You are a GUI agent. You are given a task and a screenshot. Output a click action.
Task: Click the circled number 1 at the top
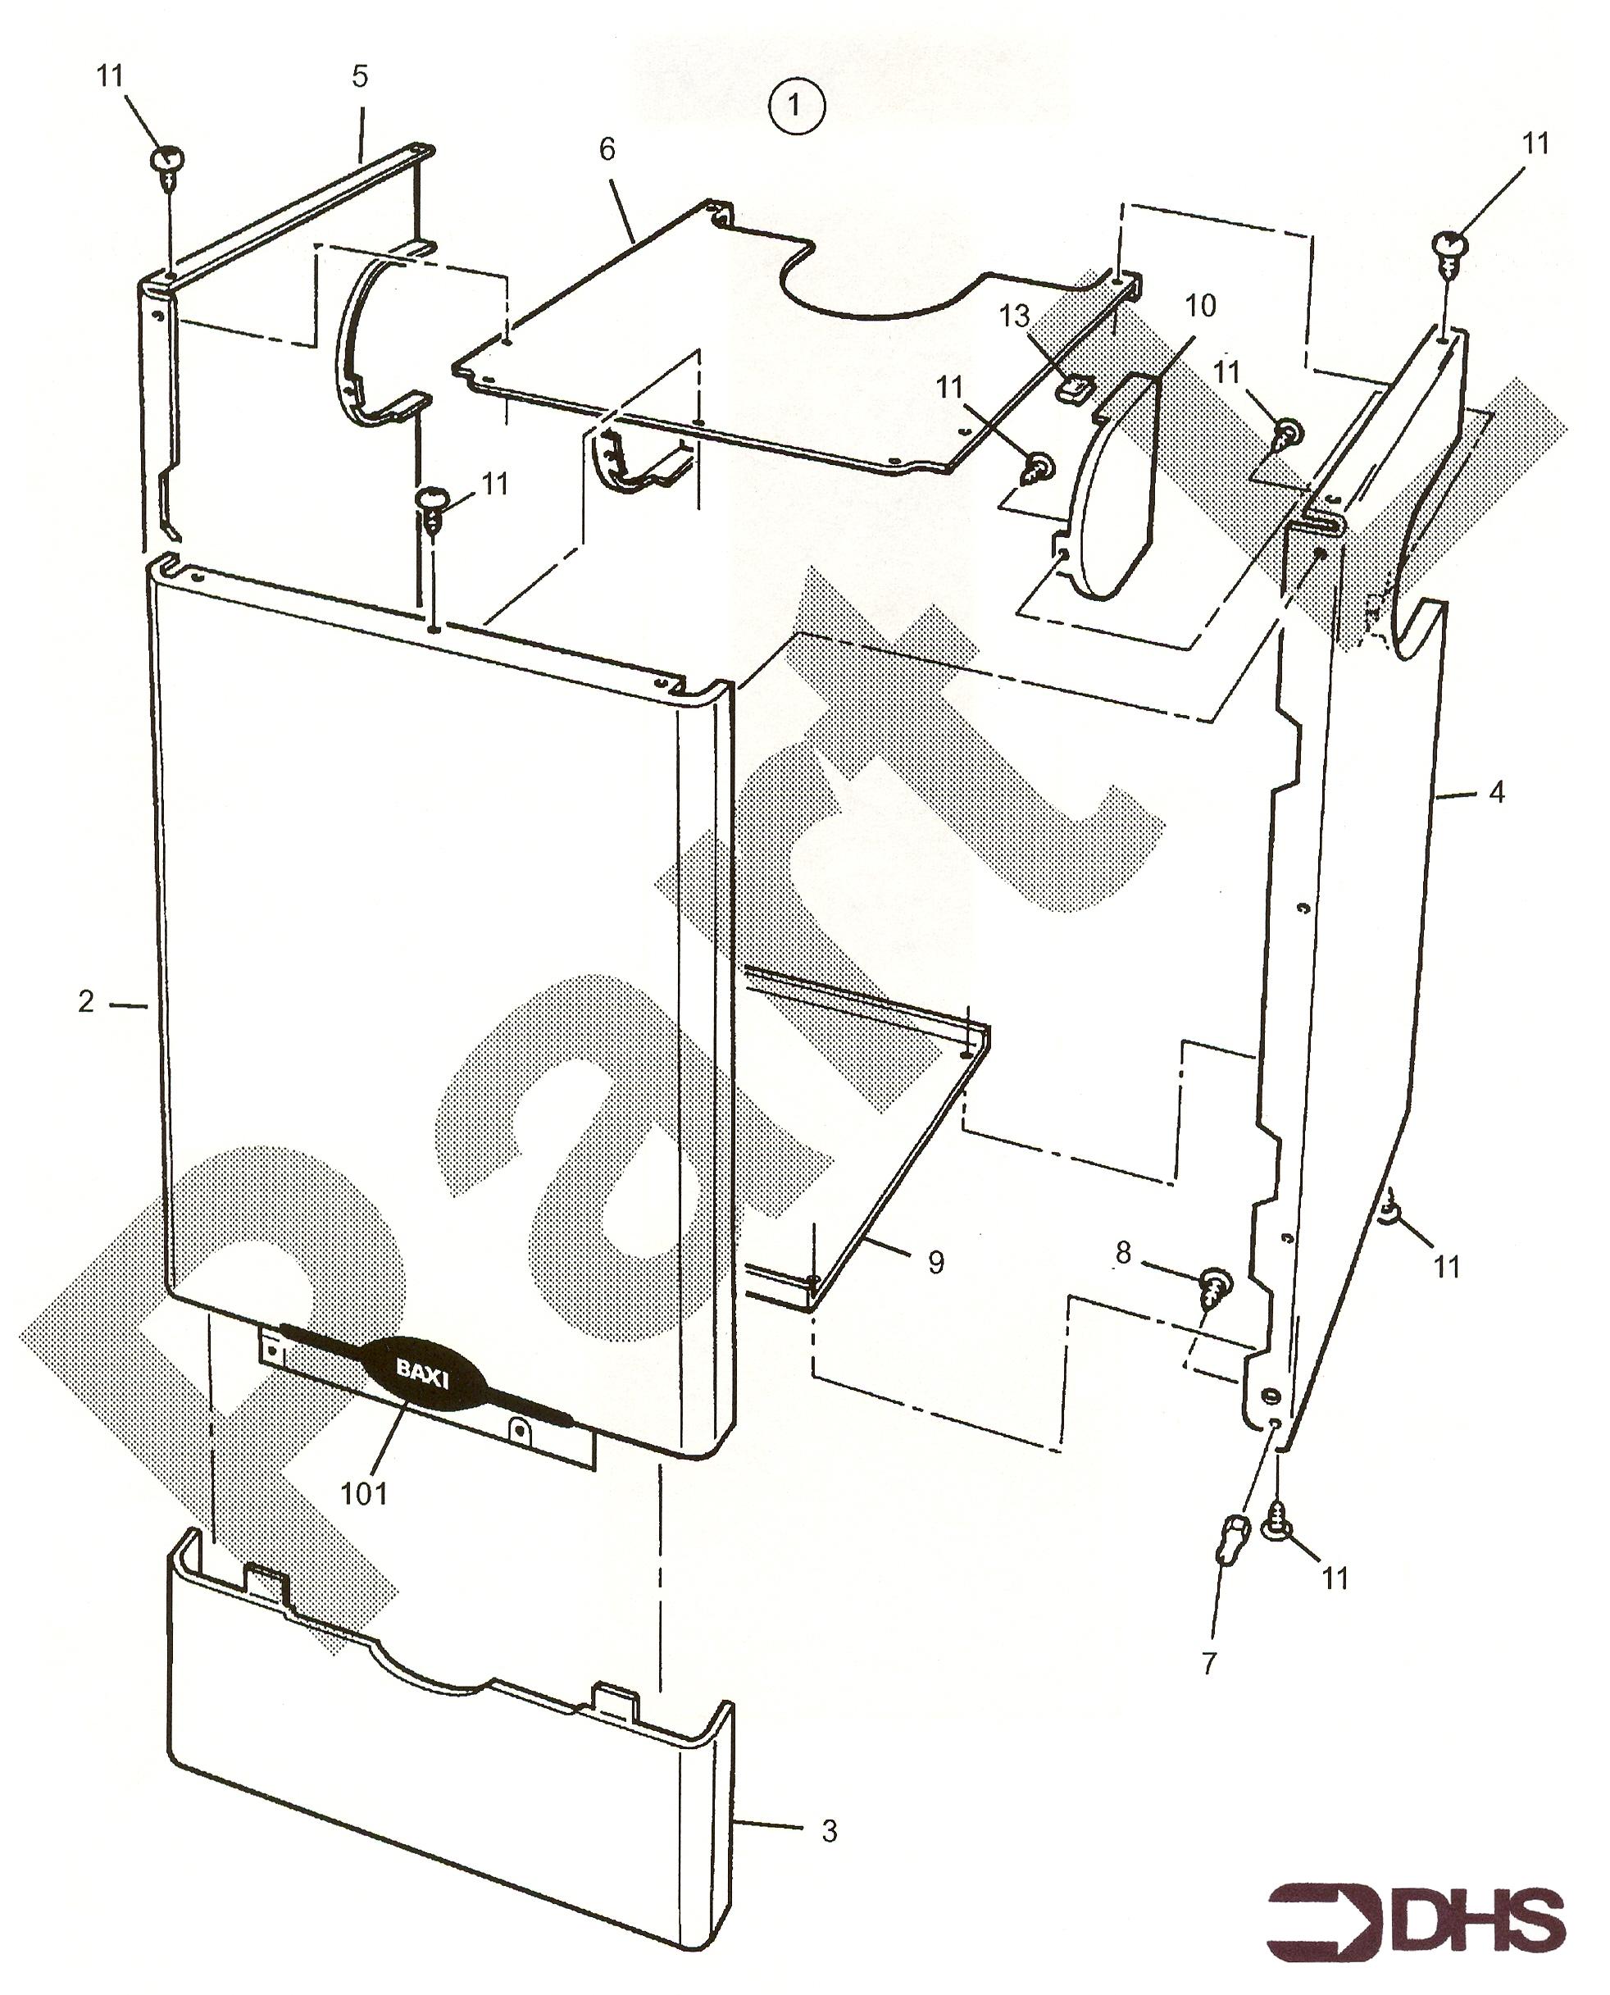point(796,106)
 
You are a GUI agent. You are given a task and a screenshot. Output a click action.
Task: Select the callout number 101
point(363,1492)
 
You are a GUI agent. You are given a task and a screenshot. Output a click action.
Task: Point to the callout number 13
point(1014,317)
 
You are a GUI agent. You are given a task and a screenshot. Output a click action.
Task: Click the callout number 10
point(1200,305)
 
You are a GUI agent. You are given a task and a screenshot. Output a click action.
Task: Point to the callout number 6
point(607,148)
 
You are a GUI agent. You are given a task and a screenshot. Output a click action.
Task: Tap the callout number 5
point(360,75)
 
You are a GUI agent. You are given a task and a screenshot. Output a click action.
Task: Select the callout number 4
point(1496,792)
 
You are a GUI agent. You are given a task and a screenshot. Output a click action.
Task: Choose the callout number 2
point(86,1000)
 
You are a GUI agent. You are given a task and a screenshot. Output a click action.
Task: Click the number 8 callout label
point(1123,1253)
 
